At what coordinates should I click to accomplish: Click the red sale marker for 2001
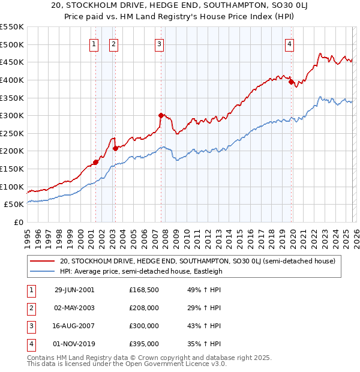(x=96, y=162)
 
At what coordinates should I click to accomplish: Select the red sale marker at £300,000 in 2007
(x=161, y=115)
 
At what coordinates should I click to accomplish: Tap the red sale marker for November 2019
(x=291, y=82)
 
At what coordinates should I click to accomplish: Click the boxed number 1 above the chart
(x=94, y=43)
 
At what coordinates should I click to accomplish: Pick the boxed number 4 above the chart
(x=289, y=43)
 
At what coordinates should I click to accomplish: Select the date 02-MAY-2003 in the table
(x=74, y=307)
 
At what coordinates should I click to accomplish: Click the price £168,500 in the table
(x=143, y=289)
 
